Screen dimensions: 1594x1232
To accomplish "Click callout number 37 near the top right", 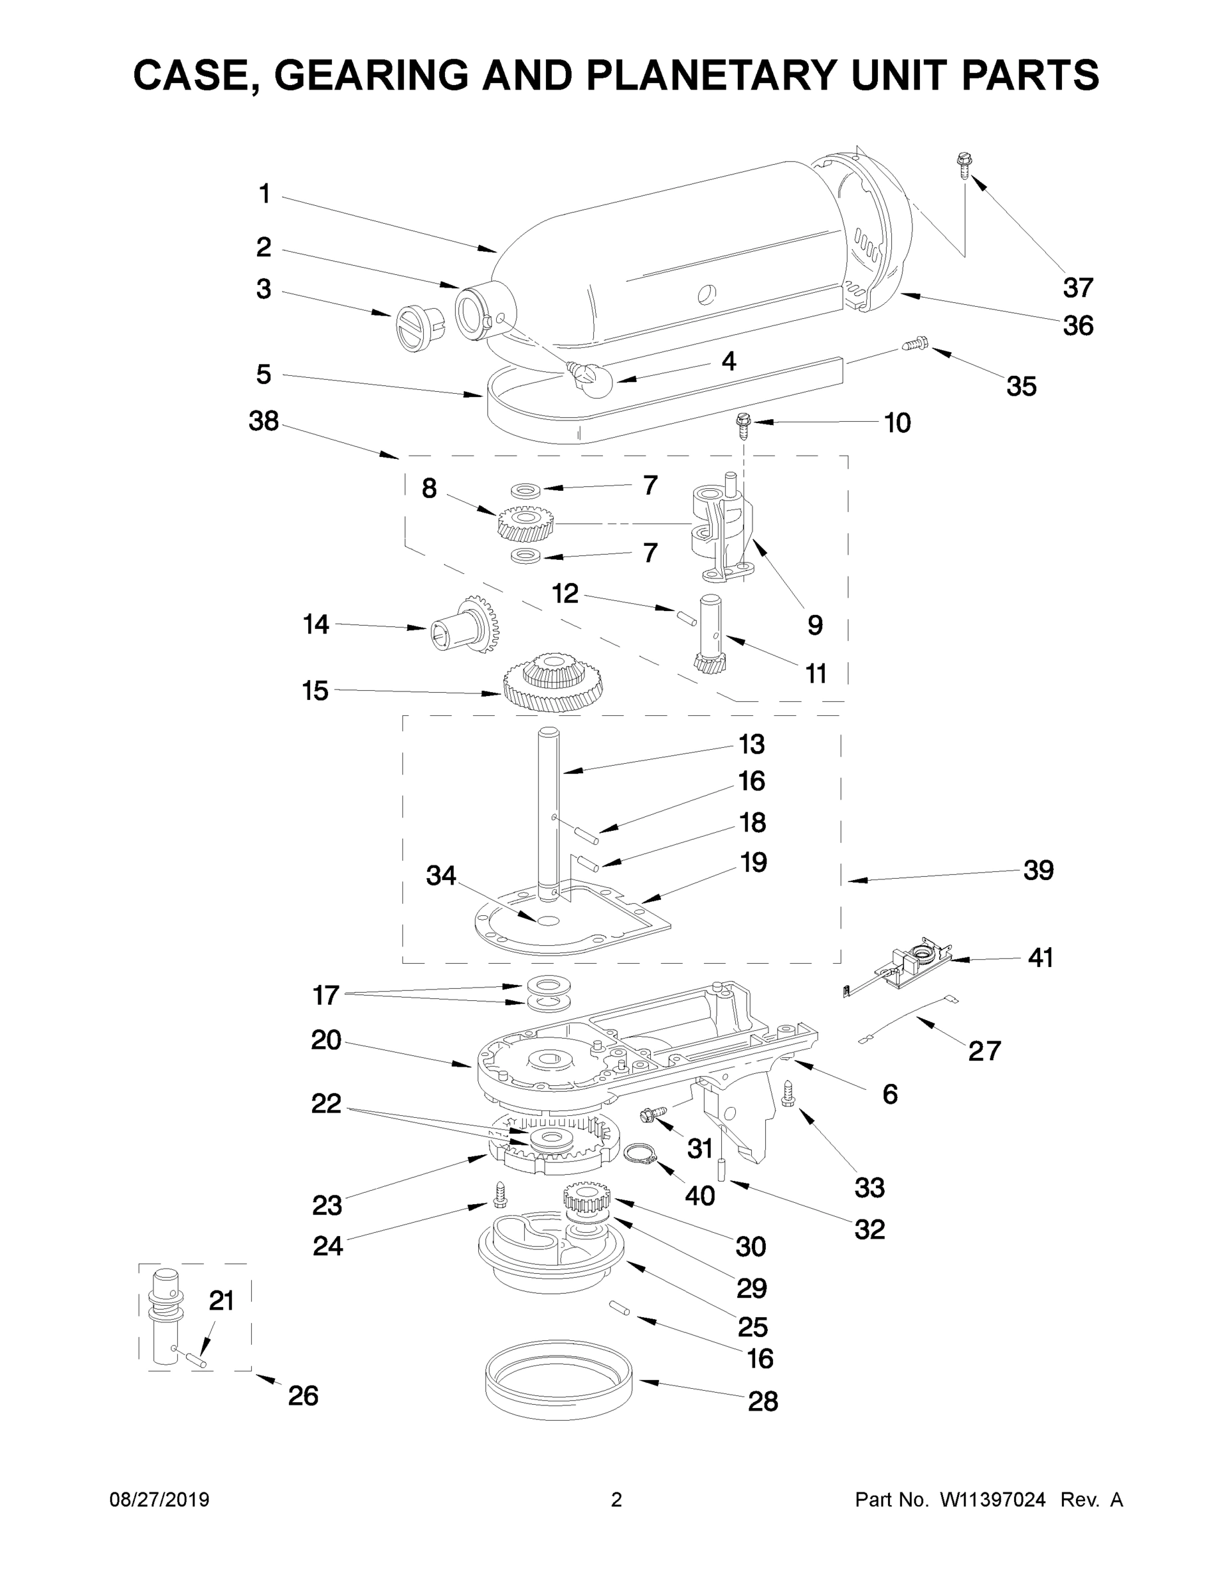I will pos(1077,288).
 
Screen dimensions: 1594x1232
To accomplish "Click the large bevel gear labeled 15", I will pos(554,680).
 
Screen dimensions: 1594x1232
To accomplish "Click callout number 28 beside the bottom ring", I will pos(762,1401).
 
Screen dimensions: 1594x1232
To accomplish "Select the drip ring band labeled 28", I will pos(559,1379).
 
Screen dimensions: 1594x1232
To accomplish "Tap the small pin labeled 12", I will pos(685,617).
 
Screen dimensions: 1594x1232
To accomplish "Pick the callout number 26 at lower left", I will pos(303,1395).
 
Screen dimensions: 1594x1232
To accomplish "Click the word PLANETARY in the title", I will pos(709,75).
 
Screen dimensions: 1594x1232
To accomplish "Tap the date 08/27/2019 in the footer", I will pos(159,1500).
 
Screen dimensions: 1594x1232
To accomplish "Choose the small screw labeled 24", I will pos(500,1194).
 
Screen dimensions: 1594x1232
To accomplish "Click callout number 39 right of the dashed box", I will pos(1038,870).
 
